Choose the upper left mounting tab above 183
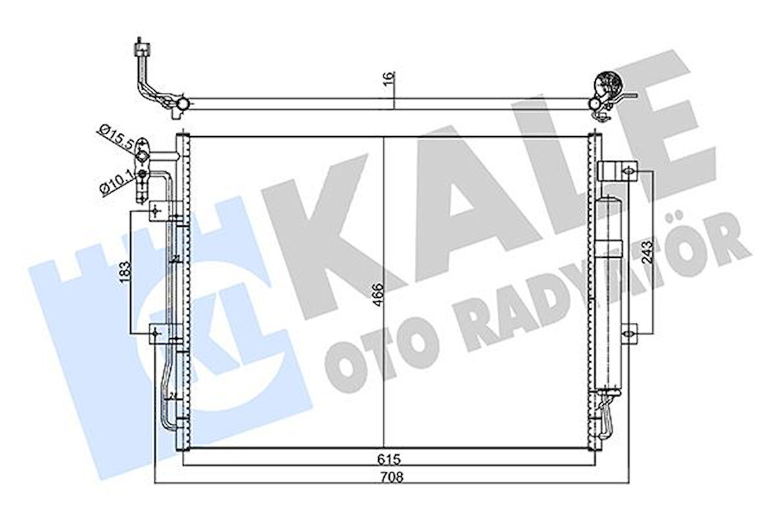[x=157, y=210]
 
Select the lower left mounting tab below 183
[x=157, y=334]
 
